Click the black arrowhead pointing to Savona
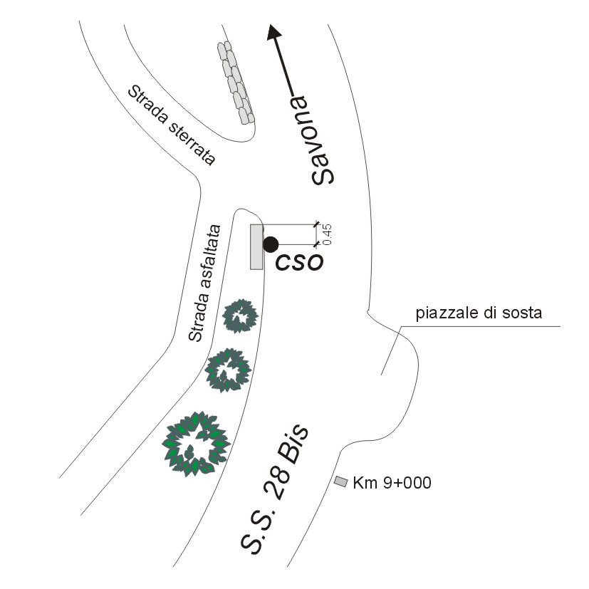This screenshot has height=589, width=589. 273,32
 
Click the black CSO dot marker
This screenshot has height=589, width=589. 271,244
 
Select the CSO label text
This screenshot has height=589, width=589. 299,262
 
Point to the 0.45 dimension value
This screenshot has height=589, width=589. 327,234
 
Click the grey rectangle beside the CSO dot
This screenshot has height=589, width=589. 256,247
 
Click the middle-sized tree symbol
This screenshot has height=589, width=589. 228,370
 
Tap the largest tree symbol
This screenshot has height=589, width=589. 196,444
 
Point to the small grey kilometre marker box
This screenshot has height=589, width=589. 340,481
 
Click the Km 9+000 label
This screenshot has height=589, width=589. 392,483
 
